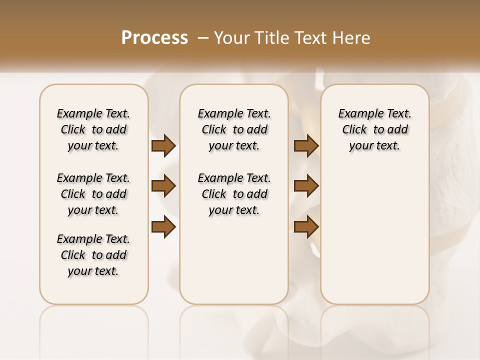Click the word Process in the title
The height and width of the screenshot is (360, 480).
point(154,37)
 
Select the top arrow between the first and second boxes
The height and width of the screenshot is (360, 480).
point(163,145)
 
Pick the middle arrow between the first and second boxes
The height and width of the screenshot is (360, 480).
point(163,186)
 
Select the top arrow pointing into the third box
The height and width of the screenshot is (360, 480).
point(306,145)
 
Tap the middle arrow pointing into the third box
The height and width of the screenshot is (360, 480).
point(306,186)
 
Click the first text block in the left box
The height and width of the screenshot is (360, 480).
point(93,129)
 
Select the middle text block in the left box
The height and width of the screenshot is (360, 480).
point(93,194)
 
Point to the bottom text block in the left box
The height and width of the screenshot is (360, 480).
point(93,255)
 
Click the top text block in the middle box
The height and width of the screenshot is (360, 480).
point(234,129)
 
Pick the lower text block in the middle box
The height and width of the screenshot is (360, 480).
point(234,194)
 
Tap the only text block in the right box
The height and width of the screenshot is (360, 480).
point(374,129)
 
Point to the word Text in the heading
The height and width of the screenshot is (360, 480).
point(312,37)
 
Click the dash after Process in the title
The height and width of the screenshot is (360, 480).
point(203,37)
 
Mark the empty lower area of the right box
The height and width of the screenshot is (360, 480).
point(374,235)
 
